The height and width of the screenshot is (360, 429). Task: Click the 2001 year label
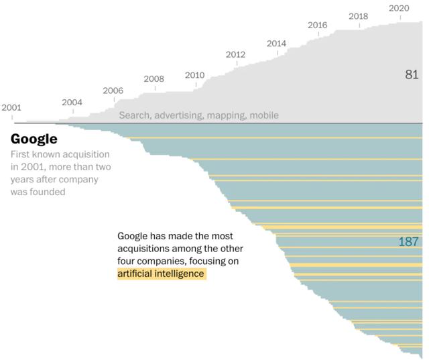11,107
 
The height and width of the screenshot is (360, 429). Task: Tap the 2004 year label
72,103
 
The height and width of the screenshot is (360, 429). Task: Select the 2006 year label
113,91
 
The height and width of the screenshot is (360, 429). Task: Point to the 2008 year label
154,79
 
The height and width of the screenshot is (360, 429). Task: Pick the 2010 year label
194,75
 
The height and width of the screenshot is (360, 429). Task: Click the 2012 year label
235,54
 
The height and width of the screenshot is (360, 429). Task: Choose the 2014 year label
276,44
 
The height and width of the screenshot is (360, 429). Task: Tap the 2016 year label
317,25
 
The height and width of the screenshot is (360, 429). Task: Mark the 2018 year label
358,16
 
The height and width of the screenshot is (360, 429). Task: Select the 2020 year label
399,8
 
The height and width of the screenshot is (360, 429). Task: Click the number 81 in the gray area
412,74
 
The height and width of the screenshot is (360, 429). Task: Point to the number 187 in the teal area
409,241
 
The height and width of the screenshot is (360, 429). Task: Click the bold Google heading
34,139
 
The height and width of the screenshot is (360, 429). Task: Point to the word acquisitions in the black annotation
144,249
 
